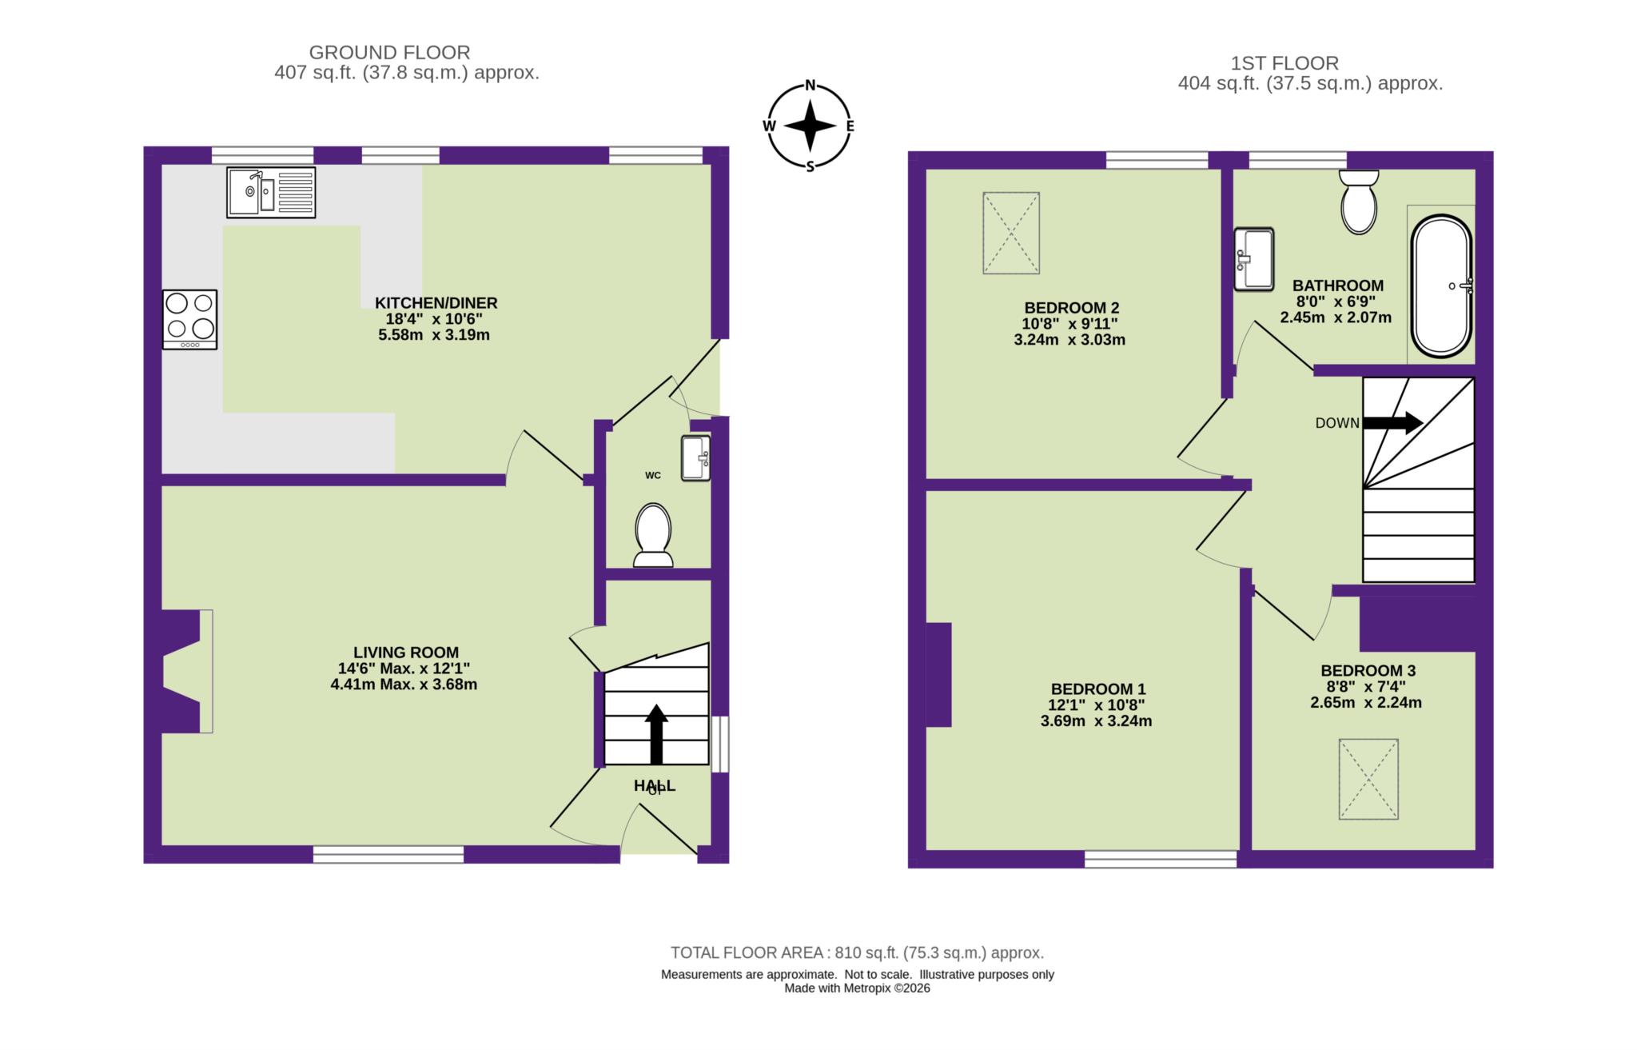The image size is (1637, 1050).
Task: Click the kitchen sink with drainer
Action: (x=271, y=192)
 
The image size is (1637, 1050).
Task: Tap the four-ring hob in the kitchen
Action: (x=190, y=319)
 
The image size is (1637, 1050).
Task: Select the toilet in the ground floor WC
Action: (x=653, y=534)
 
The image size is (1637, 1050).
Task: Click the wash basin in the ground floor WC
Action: (x=695, y=458)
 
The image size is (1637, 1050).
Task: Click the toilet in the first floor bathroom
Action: (x=1359, y=202)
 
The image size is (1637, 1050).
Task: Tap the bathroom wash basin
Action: (x=1253, y=259)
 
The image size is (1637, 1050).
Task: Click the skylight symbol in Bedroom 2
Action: (x=1011, y=233)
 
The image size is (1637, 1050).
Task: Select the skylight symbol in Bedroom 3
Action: (x=1368, y=779)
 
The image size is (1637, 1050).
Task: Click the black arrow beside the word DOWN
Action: (x=1392, y=422)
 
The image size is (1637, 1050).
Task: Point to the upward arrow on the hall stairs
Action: (x=656, y=733)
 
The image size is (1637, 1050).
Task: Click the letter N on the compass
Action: (x=810, y=86)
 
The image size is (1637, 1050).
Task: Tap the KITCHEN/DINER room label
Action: (x=436, y=303)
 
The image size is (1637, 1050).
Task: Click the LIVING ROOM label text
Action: (x=406, y=653)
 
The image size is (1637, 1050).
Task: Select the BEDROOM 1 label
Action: (x=1098, y=689)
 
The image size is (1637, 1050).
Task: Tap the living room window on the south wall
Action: (x=388, y=855)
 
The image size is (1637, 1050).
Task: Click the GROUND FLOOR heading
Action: (x=389, y=53)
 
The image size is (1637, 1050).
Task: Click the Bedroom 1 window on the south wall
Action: (x=1161, y=860)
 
